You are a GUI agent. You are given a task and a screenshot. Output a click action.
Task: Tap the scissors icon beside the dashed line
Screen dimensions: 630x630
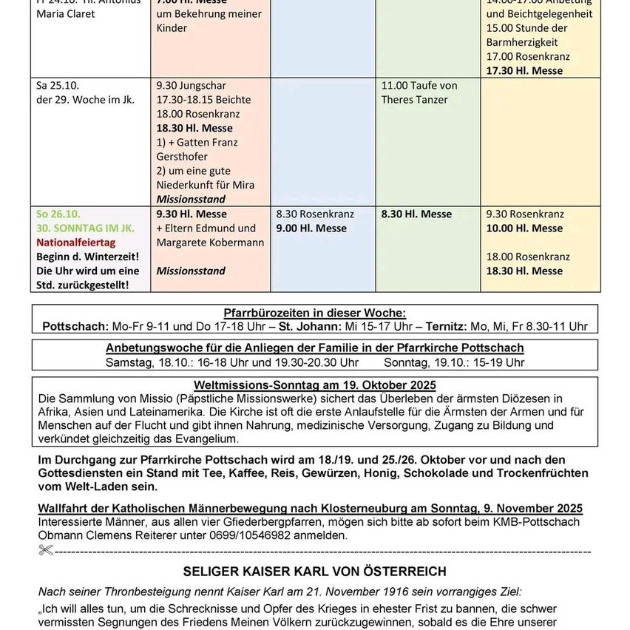47,550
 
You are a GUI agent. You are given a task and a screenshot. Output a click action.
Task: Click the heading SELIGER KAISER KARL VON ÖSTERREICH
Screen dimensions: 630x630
314,571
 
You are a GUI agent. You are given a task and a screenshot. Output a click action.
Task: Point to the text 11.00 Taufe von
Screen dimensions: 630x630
419,85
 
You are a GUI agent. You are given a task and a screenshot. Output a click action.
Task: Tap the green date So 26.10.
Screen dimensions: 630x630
58,214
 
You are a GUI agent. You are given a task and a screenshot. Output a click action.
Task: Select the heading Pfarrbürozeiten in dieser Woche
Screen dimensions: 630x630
314,313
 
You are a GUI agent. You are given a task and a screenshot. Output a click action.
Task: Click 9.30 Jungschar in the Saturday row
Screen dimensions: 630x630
192,85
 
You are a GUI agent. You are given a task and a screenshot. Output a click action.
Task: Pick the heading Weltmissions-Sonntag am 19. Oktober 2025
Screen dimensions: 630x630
314,385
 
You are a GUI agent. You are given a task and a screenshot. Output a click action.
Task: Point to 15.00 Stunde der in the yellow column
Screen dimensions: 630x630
526,28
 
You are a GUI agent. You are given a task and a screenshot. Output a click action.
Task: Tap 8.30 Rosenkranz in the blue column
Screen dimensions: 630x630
315,214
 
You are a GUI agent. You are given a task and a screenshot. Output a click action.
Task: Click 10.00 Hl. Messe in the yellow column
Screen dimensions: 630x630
524,228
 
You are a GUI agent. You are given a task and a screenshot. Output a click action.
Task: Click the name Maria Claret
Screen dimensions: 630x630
66,13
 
